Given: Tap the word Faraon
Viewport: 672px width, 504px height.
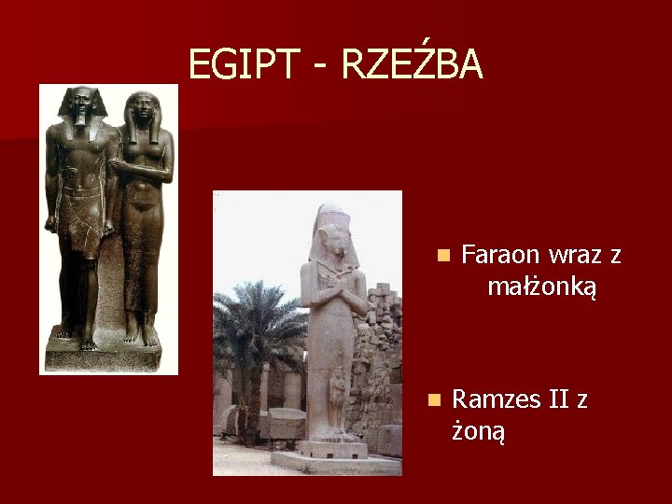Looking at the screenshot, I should pos(502,255).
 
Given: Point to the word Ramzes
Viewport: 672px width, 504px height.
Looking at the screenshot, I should pos(496,399).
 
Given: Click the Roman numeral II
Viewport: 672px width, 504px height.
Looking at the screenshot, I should pos(558,399).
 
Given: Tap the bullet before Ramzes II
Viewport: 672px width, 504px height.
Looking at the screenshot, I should pos(431,399).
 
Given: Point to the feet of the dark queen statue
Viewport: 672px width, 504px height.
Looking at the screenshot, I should pos(142,334).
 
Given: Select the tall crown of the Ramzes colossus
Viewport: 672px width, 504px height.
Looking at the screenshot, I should pos(331,217).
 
